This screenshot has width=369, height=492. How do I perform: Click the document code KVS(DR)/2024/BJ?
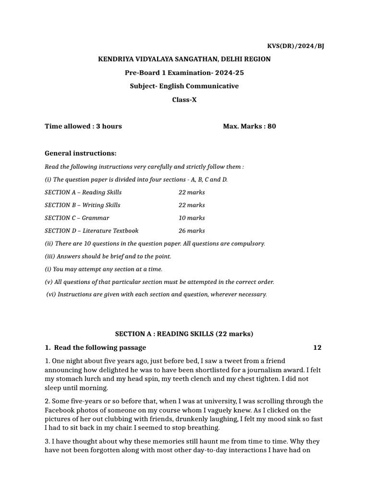click(295, 46)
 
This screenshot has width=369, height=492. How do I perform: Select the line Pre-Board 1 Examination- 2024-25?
click(184, 73)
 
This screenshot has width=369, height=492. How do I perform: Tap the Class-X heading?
click(184, 100)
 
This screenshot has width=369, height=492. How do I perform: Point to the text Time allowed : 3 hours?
click(83, 126)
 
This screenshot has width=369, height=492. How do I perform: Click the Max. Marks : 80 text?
click(249, 126)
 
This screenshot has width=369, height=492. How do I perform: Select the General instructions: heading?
click(80, 153)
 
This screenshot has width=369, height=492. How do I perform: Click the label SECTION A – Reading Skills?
click(83, 192)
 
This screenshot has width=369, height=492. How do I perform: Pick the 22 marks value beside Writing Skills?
click(192, 205)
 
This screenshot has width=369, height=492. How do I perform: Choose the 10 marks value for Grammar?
click(192, 218)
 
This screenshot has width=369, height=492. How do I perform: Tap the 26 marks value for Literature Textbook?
click(192, 231)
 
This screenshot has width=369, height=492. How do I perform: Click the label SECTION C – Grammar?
click(77, 218)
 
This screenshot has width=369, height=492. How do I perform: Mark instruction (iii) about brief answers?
click(108, 257)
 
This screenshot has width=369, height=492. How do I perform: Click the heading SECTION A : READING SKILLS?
click(184, 334)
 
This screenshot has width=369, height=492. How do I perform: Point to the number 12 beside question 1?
click(317, 347)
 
